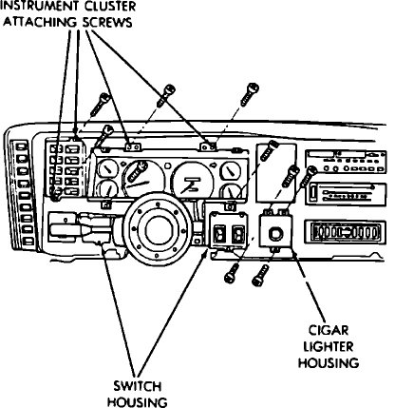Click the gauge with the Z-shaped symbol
pyautogui.click(x=194, y=181)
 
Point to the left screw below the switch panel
pyautogui.click(x=232, y=271)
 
